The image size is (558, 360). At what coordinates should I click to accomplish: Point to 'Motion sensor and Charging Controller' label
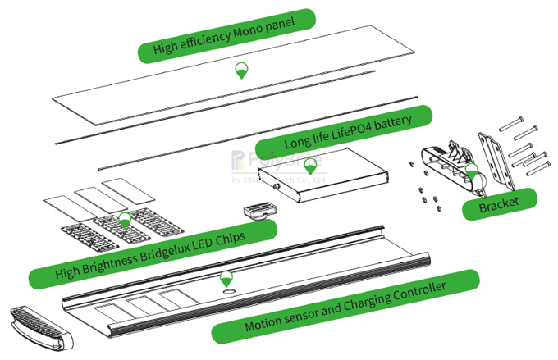345,306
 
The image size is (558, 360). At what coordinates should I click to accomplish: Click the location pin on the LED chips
125,218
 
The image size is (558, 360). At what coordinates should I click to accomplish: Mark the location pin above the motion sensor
226,277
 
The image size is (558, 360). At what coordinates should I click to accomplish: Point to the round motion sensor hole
227,291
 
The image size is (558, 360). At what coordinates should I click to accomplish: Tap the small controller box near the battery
258,209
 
